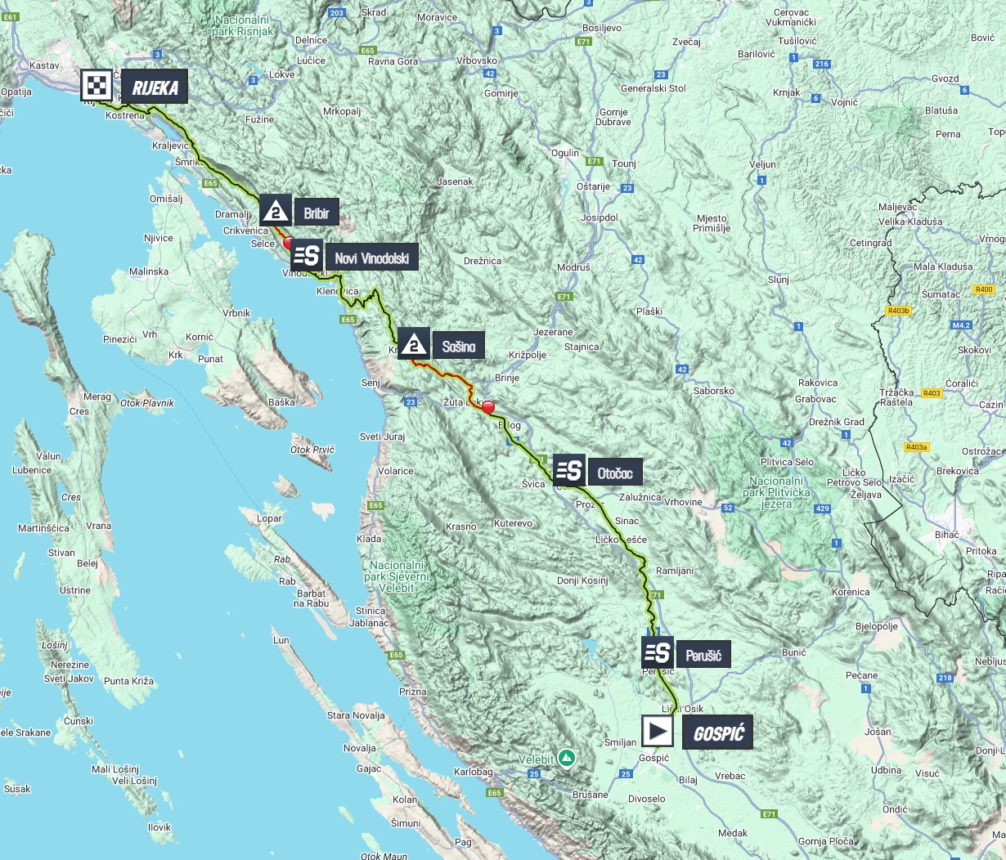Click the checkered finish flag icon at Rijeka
coord(97,85)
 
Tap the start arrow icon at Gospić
coord(657,732)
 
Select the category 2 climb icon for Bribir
coord(276,212)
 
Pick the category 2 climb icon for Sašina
coord(414,345)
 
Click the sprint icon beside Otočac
coord(569,471)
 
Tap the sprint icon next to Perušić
coord(658,652)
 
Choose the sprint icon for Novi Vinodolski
coord(306,256)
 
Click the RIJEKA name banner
coord(155,87)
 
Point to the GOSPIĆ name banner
coord(717,733)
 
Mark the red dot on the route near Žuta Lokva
coord(488,407)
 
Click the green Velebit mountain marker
coord(566,758)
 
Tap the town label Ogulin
coord(565,153)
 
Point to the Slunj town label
coord(778,280)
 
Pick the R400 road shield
coord(983,289)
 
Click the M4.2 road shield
coord(960,325)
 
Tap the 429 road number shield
coord(823,509)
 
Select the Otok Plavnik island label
coord(147,403)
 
